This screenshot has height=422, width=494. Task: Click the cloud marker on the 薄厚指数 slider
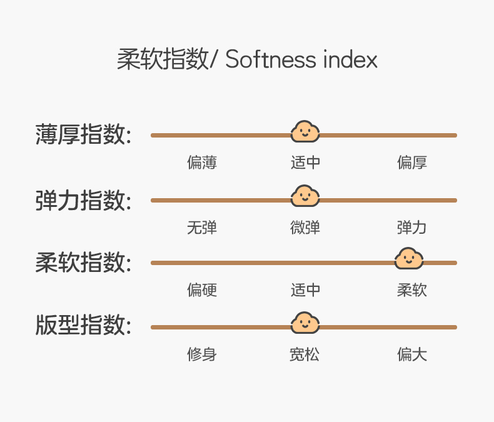click(305, 132)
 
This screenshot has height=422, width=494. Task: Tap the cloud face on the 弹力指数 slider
click(305, 196)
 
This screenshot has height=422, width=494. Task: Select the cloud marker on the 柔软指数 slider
click(409, 259)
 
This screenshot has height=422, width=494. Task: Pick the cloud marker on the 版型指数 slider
click(305, 323)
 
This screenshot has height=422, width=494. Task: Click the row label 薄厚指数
click(83, 134)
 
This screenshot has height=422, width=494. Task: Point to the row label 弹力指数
click(83, 200)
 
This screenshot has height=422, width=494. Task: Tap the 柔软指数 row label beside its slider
click(83, 263)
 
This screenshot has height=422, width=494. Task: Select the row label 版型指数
click(83, 326)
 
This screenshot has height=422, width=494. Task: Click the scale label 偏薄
click(202, 163)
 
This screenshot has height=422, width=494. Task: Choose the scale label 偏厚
click(412, 163)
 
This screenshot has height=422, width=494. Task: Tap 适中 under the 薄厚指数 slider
click(306, 163)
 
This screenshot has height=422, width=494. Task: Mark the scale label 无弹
click(202, 228)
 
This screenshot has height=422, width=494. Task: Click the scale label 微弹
click(306, 228)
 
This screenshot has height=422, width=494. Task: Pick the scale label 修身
click(202, 355)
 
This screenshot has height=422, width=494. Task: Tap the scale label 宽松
click(305, 355)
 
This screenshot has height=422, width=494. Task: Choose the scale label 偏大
click(412, 355)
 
